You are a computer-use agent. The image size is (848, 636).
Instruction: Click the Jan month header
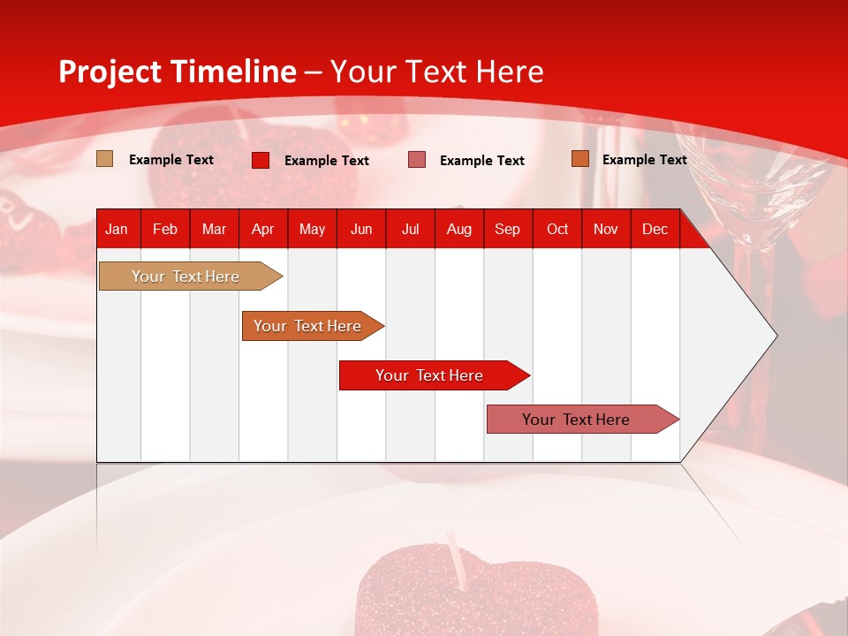[117, 230]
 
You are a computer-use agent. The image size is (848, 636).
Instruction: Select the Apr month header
[263, 230]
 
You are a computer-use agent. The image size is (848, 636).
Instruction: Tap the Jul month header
[410, 230]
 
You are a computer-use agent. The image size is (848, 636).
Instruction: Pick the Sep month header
[507, 230]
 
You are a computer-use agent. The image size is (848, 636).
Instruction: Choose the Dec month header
[655, 230]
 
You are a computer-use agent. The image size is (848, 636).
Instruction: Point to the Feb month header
[165, 230]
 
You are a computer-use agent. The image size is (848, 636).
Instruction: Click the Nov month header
[606, 230]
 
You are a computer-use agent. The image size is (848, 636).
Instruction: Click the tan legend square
[105, 159]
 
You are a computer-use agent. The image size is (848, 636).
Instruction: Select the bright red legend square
[261, 160]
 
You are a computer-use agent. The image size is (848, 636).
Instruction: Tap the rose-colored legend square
[417, 160]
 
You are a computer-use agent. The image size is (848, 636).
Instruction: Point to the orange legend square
[579, 159]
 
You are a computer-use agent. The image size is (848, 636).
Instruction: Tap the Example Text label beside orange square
[644, 160]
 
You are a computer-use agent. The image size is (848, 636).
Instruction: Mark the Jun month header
[361, 230]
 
